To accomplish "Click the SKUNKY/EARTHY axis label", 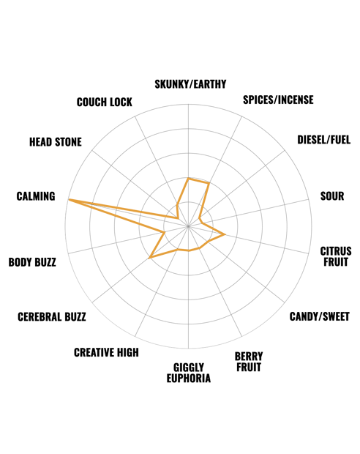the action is tap(190, 84).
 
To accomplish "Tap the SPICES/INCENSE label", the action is tap(278, 100).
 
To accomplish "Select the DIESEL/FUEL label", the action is tap(324, 140).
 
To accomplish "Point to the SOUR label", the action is tap(332, 196).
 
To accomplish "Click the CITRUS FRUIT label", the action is tap(336, 256).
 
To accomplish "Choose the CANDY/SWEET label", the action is tap(320, 317).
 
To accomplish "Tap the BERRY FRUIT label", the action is tap(249, 362).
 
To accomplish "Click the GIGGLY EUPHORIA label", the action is tap(189, 373).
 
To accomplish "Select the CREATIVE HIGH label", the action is tap(106, 353).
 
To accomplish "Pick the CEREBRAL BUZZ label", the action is tap(52, 317).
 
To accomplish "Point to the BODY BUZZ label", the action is tap(32, 262).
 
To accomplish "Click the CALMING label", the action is tap(36, 196).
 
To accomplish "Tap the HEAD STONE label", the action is tap(56, 142).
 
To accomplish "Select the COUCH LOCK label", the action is tap(105, 103).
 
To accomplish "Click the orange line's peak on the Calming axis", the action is tap(68, 199).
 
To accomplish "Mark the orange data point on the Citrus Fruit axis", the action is tap(225, 234).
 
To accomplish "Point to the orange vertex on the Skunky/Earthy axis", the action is tap(188, 179).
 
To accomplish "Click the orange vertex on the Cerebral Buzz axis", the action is tap(149, 257).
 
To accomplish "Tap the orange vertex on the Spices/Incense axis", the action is tap(209, 183).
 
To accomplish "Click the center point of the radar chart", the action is tap(188, 226).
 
